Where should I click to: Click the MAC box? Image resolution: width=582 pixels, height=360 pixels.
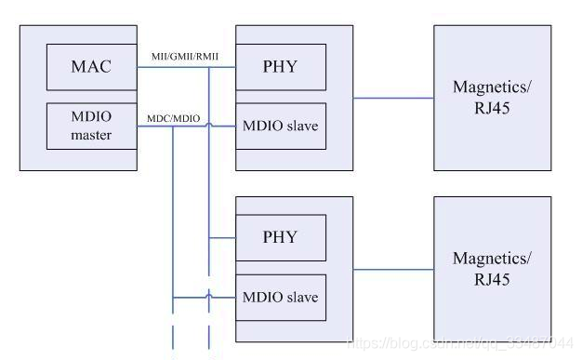(91, 67)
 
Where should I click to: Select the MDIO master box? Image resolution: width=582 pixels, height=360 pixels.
(91, 126)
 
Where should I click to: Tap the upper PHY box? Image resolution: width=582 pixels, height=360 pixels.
(280, 67)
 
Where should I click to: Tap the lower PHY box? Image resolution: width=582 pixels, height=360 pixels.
(280, 237)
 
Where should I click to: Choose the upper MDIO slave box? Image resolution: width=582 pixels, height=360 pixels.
(280, 126)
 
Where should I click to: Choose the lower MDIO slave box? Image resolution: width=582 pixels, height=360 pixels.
(280, 297)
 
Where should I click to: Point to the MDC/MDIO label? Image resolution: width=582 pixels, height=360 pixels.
(173, 118)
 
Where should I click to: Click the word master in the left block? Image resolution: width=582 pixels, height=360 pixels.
(91, 135)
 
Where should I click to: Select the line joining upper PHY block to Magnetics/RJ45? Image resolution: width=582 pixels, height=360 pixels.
(393, 97)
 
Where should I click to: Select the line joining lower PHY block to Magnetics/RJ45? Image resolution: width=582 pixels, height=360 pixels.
(393, 269)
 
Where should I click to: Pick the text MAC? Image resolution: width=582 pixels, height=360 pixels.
(91, 67)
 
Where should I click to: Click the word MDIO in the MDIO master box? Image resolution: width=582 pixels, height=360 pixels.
(91, 117)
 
